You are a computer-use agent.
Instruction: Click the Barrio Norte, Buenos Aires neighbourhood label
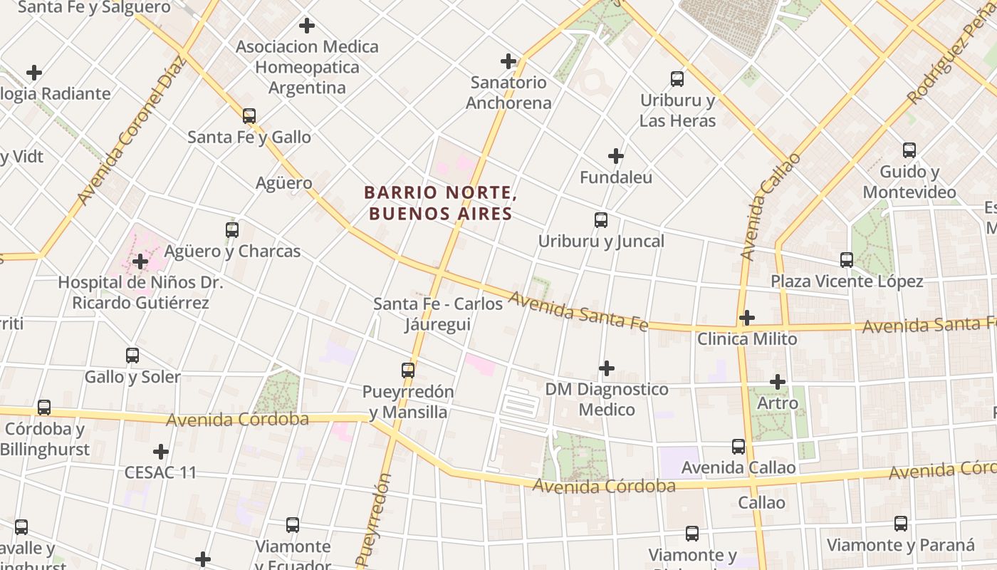pos(439,203)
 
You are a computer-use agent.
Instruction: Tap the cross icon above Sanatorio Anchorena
pos(508,61)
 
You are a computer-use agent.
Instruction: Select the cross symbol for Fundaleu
pos(616,156)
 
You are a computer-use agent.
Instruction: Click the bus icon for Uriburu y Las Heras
pos(677,79)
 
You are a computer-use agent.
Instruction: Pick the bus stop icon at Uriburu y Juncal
pos(601,220)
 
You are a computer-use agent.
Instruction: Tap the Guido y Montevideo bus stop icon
pos(909,150)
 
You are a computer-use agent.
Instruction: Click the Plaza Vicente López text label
pos(847,281)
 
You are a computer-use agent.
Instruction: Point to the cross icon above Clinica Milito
pos(746,318)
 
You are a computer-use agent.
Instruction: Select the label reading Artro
pos(778,403)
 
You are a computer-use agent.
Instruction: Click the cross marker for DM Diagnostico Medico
pos(606,368)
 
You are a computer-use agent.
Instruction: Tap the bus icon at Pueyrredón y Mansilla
pos(407,370)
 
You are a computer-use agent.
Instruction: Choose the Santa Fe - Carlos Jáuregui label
pos(438,314)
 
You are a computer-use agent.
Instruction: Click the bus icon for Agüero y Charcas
pos(232,230)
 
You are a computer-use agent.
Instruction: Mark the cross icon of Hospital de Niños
pos(140,261)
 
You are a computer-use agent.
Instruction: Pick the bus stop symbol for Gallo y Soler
pos(132,356)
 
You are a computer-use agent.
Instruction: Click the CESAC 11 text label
pos(160,472)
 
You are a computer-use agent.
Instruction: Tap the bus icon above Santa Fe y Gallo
pos(249,115)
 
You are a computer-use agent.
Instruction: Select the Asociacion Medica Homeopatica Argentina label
pos(307,67)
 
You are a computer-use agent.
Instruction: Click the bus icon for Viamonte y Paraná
pos(901,524)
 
